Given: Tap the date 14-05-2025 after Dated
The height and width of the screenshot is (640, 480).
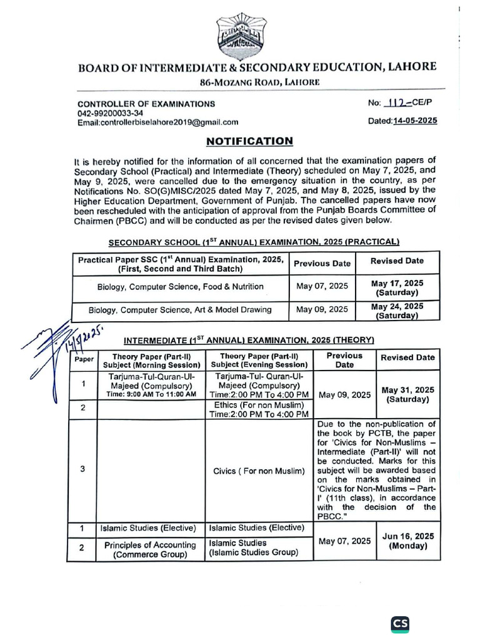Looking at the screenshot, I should [412, 121].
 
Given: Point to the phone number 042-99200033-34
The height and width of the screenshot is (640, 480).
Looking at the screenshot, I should [110, 113].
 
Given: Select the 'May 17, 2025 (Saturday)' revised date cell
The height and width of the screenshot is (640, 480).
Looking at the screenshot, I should [397, 287].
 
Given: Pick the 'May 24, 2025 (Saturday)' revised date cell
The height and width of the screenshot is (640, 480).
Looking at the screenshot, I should [397, 311].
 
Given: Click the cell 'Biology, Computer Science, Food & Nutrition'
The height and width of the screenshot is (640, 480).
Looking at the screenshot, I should [180, 287].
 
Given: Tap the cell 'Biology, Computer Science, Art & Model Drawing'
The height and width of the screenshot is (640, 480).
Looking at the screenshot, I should [180, 309].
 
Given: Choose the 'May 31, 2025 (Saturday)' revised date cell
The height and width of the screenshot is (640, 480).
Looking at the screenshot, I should [407, 394].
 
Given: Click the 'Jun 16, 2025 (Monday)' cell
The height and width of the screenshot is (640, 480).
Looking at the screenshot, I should [407, 541].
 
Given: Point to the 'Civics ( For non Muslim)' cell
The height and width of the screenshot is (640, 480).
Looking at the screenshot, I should [258, 471].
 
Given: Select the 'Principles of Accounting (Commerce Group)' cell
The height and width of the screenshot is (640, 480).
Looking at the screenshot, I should [150, 549].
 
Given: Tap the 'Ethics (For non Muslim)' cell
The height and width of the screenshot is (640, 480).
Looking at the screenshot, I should [259, 409].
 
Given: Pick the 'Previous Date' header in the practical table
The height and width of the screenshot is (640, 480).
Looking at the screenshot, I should [322, 263].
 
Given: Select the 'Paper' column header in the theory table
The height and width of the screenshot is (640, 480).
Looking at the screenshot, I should [84, 359].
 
